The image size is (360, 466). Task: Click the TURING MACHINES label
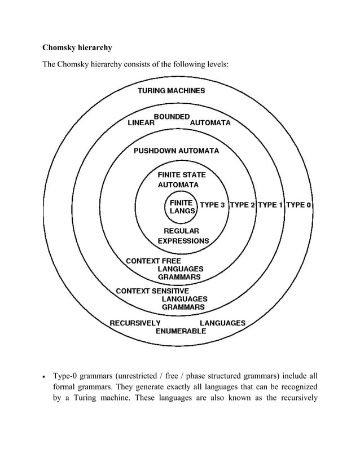172,90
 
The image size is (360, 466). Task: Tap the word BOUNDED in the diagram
172,116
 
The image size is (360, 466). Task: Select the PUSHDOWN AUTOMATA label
176,151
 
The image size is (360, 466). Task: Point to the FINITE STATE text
182,175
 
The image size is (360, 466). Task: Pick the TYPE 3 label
213,205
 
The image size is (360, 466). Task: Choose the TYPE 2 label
242,205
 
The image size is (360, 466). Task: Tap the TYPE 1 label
270,205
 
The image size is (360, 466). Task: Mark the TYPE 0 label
298,205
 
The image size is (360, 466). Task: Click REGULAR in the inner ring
181,231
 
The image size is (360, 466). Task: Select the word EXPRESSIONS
183,241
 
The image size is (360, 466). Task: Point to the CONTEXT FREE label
153,261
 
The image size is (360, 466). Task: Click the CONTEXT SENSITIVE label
152,291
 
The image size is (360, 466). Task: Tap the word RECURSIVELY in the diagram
135,323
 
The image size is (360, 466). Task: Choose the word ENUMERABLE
181,332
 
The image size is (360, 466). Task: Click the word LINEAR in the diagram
141,123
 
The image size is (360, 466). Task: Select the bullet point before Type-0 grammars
46,377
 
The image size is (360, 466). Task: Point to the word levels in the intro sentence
217,65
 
